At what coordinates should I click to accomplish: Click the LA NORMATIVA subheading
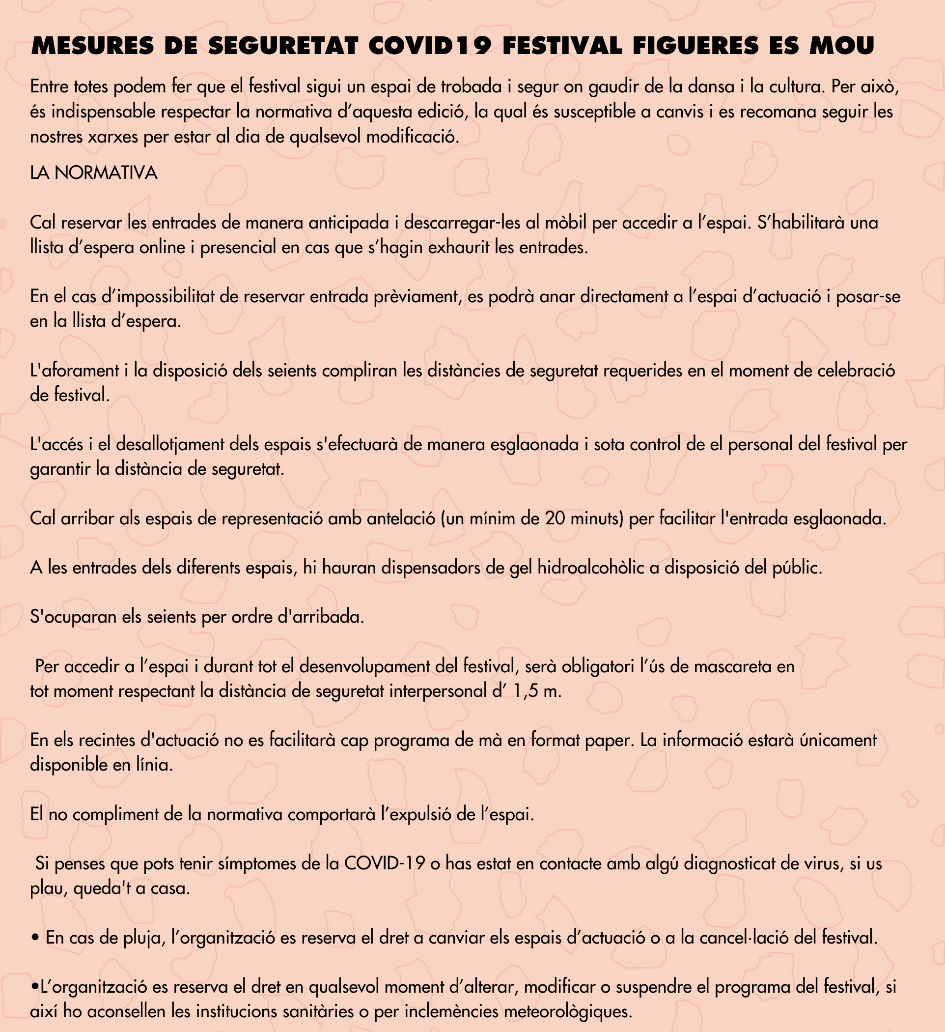[94, 173]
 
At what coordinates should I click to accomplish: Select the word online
[164, 248]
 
